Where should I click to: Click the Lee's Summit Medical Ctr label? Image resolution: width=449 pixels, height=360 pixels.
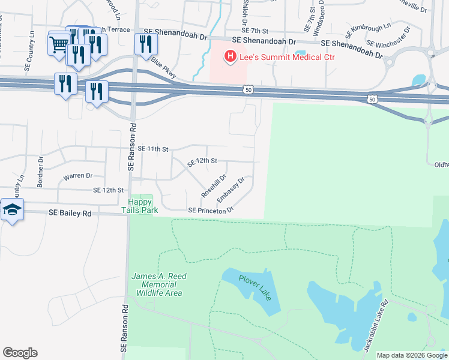point(287,57)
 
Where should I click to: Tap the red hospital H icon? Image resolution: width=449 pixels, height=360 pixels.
point(229,57)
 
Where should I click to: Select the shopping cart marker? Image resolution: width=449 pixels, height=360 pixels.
point(59,43)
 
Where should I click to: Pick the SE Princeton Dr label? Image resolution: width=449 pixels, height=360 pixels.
point(210,211)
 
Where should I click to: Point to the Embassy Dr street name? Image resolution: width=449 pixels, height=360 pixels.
point(231,190)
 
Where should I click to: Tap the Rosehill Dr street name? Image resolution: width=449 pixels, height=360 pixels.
point(214,186)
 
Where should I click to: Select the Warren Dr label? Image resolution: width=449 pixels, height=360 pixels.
point(78,176)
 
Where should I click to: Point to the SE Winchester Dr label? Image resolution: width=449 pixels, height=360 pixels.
point(388,37)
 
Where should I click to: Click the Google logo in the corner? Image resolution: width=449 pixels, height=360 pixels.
point(20,353)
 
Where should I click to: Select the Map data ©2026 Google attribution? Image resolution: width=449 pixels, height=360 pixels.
point(411,355)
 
